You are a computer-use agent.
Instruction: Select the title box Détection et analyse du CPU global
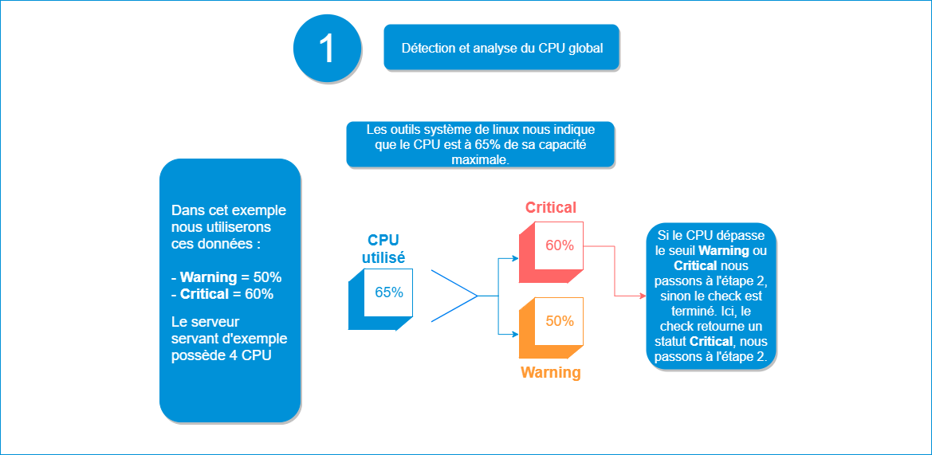[501, 48]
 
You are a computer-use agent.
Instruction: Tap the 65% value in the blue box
[389, 292]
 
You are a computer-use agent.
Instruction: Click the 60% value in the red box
[560, 245]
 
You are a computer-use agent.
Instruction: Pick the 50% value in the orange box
[560, 321]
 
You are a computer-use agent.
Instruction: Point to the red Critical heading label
[550, 208]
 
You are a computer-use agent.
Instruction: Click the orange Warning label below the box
[550, 372]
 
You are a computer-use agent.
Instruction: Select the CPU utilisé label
[383, 249]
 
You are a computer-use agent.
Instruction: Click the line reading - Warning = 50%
[226, 277]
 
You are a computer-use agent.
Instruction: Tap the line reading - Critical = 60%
[222, 294]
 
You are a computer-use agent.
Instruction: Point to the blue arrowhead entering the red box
[514, 258]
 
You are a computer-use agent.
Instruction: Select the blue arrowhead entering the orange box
[514, 332]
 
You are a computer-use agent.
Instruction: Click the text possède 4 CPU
[222, 355]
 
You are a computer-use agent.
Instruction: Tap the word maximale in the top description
[481, 159]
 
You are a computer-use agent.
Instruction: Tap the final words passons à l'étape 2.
[711, 356]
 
